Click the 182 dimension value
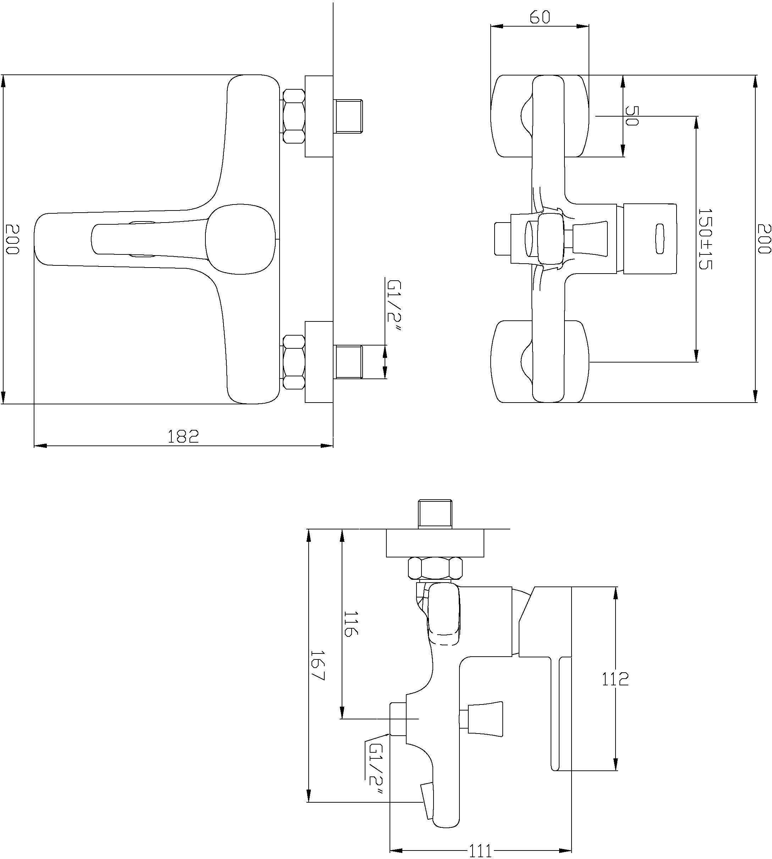point(183,436)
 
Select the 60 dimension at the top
point(540,17)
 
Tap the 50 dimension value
point(632,116)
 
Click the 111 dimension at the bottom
point(481,850)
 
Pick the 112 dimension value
point(615,679)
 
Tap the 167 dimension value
point(317,666)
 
